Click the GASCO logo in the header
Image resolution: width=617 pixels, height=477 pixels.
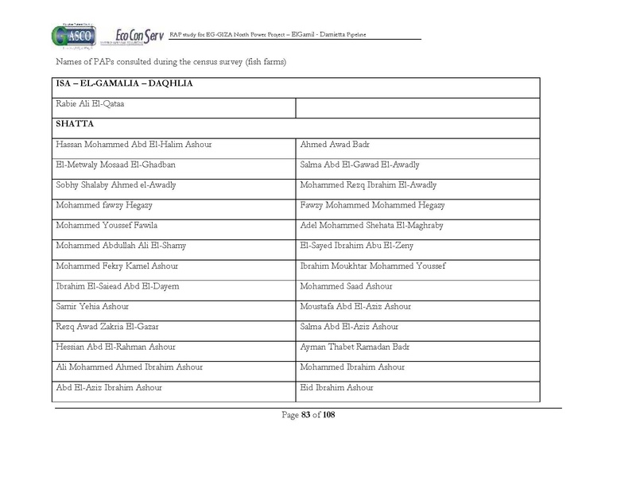pyautogui.click(x=75, y=36)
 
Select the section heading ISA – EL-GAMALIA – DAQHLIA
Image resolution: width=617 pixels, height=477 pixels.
pyautogui.click(x=125, y=83)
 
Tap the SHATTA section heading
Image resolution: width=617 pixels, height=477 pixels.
pyautogui.click(x=75, y=124)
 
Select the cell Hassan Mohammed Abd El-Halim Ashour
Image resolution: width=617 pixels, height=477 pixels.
pyautogui.click(x=134, y=145)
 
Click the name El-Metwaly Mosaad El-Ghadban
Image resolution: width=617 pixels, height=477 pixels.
pyautogui.click(x=115, y=165)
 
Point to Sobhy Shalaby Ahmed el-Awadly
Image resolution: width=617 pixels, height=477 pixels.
pyautogui.click(x=116, y=185)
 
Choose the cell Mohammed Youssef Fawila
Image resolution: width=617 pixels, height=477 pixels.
pyautogui.click(x=107, y=226)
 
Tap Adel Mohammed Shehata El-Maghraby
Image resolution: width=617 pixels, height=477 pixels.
pyautogui.click(x=371, y=226)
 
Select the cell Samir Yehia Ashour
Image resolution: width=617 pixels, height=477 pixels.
pyautogui.click(x=92, y=307)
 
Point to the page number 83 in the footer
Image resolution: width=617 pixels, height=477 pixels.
pyautogui.click(x=305, y=414)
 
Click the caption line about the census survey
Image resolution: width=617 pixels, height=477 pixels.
pyautogui.click(x=171, y=61)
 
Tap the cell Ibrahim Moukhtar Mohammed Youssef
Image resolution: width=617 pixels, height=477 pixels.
pyautogui.click(x=373, y=266)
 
